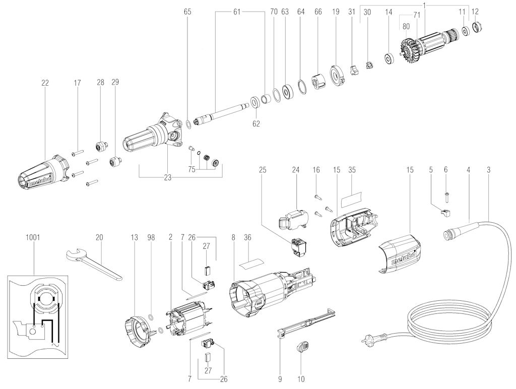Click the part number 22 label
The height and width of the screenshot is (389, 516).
click(45, 83)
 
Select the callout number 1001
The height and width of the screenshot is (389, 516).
click(33, 237)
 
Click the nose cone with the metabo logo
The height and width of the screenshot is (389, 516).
click(43, 173)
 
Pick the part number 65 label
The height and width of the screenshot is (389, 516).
click(187, 12)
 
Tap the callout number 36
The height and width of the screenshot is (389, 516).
click(247, 237)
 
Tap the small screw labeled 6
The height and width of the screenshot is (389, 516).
click(446, 195)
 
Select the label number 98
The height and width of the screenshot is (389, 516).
click(151, 237)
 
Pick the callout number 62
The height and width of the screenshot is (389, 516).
click(256, 123)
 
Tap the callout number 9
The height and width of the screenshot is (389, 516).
click(280, 379)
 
